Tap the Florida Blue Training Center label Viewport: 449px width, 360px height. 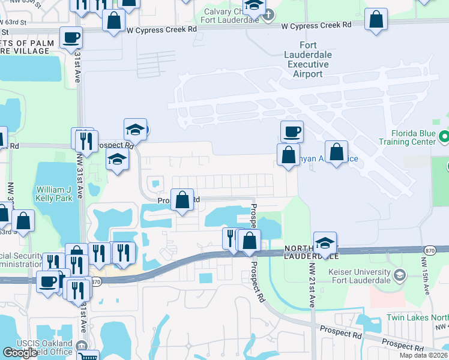pyautogui.click(x=406, y=137)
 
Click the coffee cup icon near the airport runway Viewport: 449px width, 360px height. pyautogui.click(x=292, y=131)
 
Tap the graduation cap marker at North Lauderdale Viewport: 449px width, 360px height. pyautogui.click(x=325, y=242)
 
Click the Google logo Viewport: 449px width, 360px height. pyautogui.click(x=20, y=353)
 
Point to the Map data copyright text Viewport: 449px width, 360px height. pyautogui.click(x=423, y=355)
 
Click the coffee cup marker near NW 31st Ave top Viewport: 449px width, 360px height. pyautogui.click(x=70, y=38)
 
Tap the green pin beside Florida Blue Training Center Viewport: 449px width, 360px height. pyautogui.click(x=444, y=137)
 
